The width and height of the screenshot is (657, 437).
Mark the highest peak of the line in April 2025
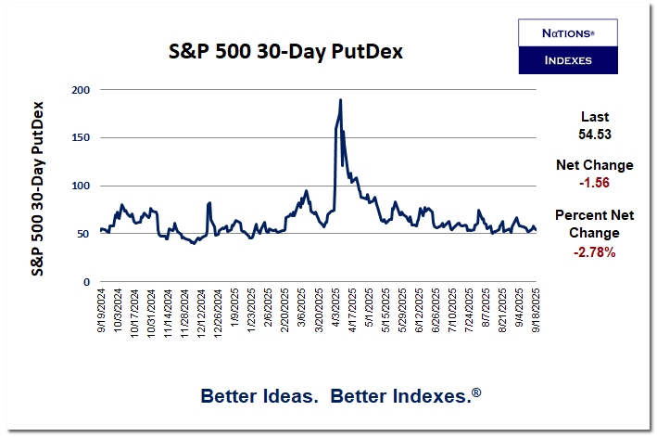coord(340,99)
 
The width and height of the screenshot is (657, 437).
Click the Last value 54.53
coord(594,135)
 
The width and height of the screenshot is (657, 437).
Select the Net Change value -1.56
coord(594,183)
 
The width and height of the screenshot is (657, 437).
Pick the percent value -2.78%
coord(594,251)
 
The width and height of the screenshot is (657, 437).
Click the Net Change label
coord(594,165)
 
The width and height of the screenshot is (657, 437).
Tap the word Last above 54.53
coord(594,117)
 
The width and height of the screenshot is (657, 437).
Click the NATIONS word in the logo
coord(567,32)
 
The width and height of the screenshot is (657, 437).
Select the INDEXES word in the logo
coord(567,61)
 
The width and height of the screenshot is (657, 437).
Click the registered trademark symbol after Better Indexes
coord(476,392)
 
